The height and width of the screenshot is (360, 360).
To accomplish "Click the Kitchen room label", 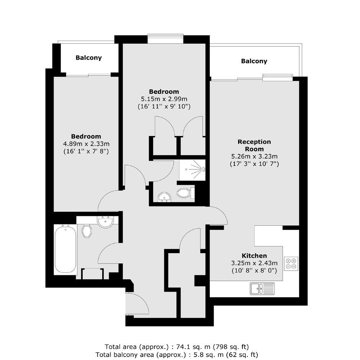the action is pyautogui.click(x=254, y=256).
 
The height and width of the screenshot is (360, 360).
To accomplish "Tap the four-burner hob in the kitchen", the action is pyautogui.click(x=291, y=263).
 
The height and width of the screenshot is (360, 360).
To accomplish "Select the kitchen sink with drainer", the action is pyautogui.click(x=262, y=288).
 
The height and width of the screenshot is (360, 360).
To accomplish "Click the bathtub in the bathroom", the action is pyautogui.click(x=65, y=249).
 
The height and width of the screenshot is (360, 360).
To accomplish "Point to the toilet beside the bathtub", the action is pyautogui.click(x=87, y=231).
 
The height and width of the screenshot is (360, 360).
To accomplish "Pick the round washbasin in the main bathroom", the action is pyautogui.click(x=105, y=222).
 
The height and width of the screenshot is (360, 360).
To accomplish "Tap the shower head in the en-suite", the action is pyautogui.click(x=203, y=169).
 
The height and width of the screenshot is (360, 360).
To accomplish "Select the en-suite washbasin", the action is pyautogui.click(x=164, y=197).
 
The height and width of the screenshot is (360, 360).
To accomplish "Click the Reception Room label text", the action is pyautogui.click(x=254, y=145).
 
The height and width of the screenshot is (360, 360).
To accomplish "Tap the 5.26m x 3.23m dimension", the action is pyautogui.click(x=254, y=156).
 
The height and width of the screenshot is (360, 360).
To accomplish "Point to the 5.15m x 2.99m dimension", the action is pyautogui.click(x=164, y=99).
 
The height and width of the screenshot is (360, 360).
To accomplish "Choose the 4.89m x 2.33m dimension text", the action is pyautogui.click(x=86, y=144).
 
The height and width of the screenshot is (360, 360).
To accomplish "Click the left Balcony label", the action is pyautogui.click(x=88, y=57).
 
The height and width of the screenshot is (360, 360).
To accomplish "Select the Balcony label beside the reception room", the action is pyautogui.click(x=254, y=61).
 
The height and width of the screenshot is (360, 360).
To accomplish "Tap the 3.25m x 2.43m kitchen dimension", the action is pyautogui.click(x=254, y=263).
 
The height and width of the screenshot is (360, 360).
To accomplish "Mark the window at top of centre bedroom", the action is pyautogui.click(x=165, y=39).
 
